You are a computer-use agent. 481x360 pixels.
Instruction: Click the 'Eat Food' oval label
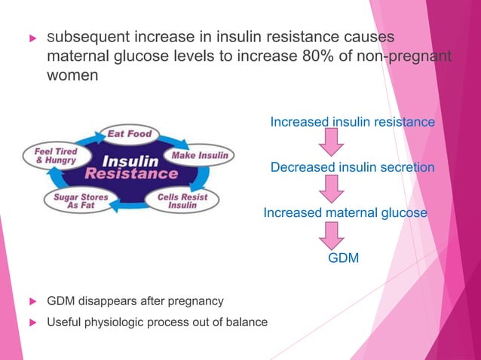point(129,134)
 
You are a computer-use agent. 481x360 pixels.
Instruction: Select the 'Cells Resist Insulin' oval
point(182,200)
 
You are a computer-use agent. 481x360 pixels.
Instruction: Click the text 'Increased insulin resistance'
point(352,122)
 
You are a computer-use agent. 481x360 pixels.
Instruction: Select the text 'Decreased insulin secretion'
point(352,167)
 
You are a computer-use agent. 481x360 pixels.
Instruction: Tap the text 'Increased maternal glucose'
point(345,213)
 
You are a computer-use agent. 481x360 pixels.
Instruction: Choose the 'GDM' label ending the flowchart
point(343,259)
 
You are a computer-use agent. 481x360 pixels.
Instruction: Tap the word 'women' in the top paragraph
point(72,77)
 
